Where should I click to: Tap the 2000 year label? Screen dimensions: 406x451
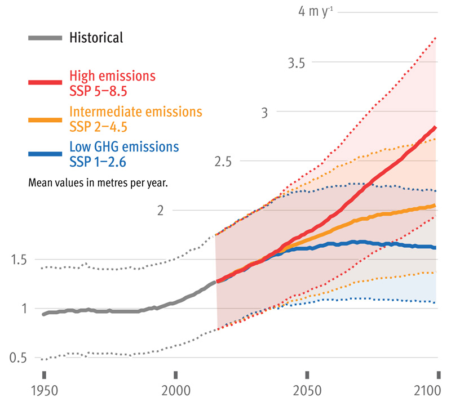[x=175, y=391]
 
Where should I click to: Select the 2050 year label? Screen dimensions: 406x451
[x=307, y=391]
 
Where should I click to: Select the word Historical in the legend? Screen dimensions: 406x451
[x=96, y=38]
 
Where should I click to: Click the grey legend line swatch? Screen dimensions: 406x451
[x=45, y=38]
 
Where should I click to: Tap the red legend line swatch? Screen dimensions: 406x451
[x=45, y=82]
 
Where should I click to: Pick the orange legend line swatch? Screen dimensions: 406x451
[x=45, y=119]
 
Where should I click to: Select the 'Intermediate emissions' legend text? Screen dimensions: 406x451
[x=135, y=111]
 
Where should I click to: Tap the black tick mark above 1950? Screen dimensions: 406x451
[x=43, y=375]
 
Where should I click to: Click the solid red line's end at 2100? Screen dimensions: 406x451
[x=436, y=128]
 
